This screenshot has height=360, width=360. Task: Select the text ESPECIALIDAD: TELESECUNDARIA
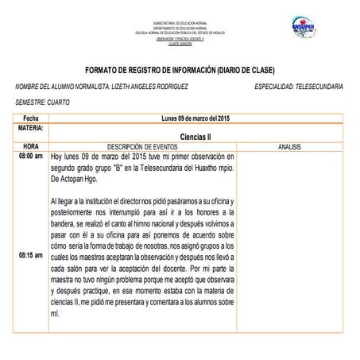(x=299, y=86)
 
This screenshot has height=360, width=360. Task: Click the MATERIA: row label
(x=29, y=127)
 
